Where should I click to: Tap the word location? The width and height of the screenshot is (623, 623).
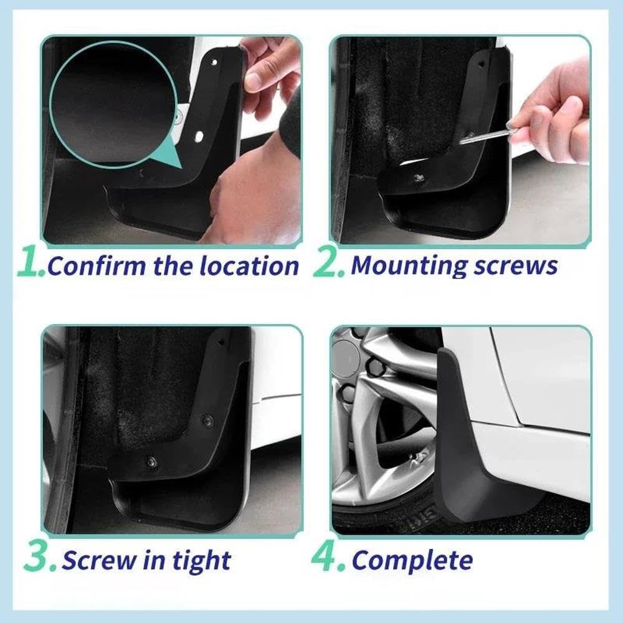(249, 266)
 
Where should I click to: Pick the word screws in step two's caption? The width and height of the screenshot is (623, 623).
(515, 265)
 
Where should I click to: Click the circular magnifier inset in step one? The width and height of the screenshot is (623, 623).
(112, 103)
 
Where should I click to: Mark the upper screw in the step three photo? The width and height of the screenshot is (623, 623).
(207, 421)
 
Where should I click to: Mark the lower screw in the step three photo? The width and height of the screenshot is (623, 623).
(151, 462)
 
